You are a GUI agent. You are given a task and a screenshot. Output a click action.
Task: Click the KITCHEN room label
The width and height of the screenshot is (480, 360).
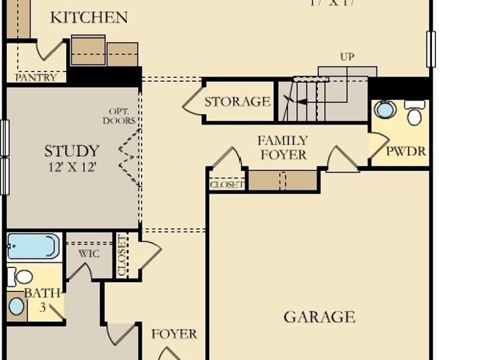tap(88, 17)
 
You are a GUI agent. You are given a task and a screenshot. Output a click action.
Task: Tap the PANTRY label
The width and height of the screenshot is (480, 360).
tap(35, 76)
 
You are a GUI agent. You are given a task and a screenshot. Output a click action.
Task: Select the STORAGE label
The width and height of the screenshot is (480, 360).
tap(237, 102)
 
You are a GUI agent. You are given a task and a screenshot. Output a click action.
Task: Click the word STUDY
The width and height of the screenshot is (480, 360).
tap(71, 151)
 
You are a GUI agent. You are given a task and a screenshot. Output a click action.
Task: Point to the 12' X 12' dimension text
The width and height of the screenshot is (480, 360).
tap(71, 167)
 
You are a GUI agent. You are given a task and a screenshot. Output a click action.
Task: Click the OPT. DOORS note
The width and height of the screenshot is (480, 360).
tap(120, 116)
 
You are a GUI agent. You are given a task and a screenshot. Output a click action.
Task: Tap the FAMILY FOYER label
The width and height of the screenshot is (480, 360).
tap(283, 148)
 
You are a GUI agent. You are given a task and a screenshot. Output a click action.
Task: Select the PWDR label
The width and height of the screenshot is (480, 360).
tap(406, 151)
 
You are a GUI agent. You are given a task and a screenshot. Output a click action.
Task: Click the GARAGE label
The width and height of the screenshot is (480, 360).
tap(319, 316)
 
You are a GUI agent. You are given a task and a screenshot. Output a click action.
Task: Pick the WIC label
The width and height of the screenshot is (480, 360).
tap(88, 253)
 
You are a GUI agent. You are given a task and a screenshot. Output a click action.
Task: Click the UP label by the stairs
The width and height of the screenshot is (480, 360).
tap(346, 56)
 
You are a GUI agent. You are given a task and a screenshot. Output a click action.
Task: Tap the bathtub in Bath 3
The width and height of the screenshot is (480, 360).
tap(34, 246)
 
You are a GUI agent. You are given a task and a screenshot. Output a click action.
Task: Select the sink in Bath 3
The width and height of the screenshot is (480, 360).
tap(16, 306)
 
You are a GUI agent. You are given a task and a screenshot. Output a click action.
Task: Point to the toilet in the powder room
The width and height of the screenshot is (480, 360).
tap(414, 114)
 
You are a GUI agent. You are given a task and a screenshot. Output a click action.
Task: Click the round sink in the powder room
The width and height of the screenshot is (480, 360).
tap(385, 110)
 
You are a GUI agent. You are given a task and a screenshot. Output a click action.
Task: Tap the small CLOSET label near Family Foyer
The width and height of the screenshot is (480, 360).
tap(226, 184)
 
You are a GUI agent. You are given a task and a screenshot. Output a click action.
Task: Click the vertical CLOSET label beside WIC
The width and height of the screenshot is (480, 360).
tap(122, 255)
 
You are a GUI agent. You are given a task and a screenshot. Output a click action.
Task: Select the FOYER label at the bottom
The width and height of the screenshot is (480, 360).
tap(174, 334)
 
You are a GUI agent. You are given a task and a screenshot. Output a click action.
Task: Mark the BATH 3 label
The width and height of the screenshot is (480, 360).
tap(41, 299)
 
